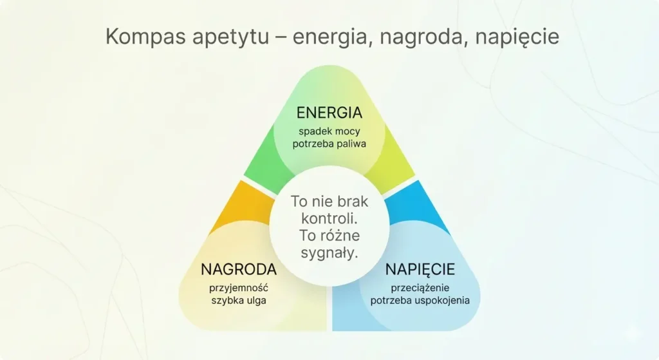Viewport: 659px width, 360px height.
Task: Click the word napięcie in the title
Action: [x=517, y=37]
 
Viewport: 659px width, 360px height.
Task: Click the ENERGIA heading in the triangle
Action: [x=329, y=113]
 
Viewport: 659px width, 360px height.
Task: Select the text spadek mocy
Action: [x=329, y=131]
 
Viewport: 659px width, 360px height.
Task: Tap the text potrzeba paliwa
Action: [x=329, y=144]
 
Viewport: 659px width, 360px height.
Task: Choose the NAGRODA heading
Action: [x=239, y=269]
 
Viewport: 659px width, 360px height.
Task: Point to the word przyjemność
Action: [x=239, y=287]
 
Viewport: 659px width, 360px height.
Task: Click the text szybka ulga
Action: [x=239, y=301]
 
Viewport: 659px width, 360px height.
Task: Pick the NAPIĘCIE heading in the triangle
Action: [x=420, y=269]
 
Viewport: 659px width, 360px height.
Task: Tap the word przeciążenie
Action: [x=420, y=287]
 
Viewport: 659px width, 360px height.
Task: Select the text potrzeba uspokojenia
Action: [x=420, y=301]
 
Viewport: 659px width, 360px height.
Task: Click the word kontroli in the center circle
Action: [x=329, y=218]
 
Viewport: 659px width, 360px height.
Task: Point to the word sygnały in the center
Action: [x=329, y=252]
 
